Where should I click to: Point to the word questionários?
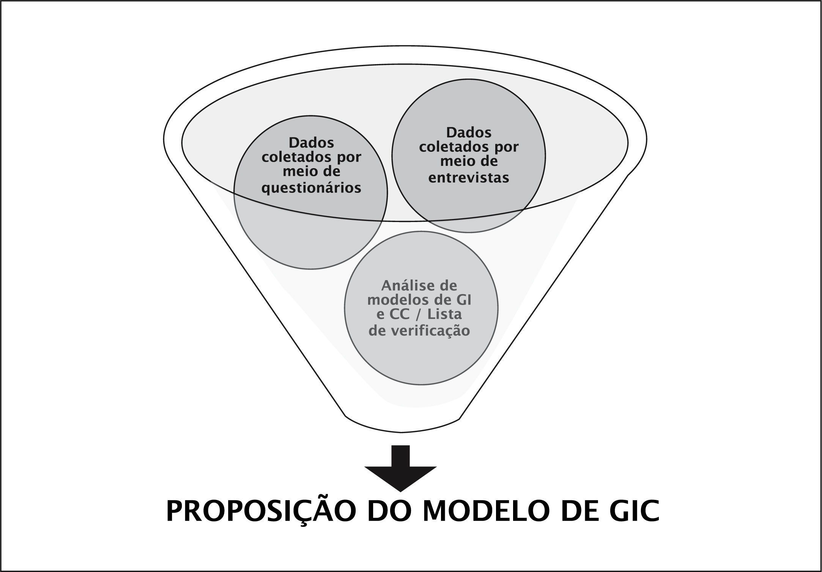click(311, 188)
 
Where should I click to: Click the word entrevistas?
click(469, 178)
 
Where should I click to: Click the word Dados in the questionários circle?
click(311, 143)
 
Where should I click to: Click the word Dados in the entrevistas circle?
click(469, 132)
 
